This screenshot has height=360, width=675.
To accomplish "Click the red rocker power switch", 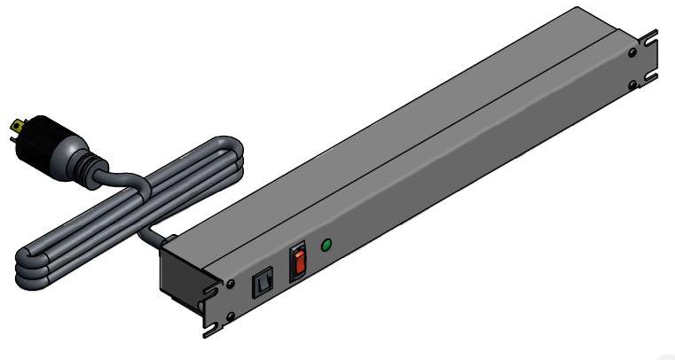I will pyautogui.click(x=300, y=263).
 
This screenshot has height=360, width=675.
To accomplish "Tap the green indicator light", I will pyautogui.click(x=326, y=244).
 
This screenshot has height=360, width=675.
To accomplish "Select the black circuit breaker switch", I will pyautogui.click(x=262, y=284).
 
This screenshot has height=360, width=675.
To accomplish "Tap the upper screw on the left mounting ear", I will pyautogui.click(x=231, y=285).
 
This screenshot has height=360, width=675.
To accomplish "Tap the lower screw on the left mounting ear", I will pyautogui.click(x=231, y=316).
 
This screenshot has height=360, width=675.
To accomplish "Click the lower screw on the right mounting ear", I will pyautogui.click(x=632, y=84).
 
